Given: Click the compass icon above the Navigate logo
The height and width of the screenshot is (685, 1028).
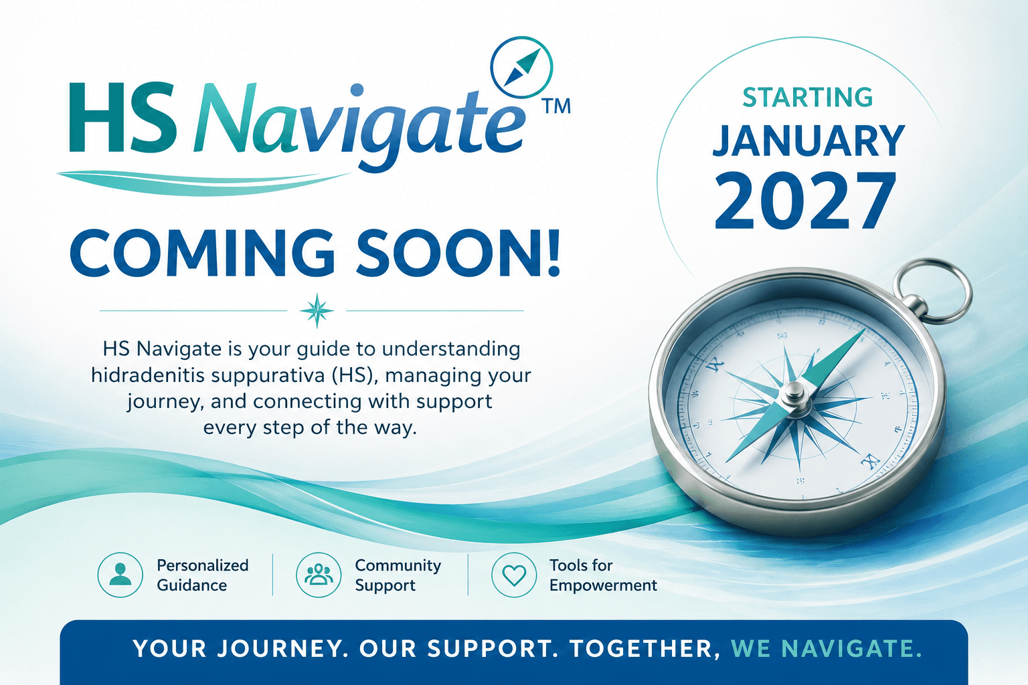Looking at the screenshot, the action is pyautogui.click(x=521, y=68).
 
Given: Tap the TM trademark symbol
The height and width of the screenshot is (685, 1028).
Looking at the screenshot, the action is pyautogui.click(x=556, y=106).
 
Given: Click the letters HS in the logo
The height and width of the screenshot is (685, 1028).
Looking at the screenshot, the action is pyautogui.click(x=123, y=118).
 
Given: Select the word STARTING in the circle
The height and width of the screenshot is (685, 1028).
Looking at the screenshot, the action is pyautogui.click(x=808, y=97).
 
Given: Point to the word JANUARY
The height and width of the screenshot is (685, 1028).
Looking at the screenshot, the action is pyautogui.click(x=808, y=141).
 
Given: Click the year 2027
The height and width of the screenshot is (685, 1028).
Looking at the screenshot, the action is pyautogui.click(x=805, y=201).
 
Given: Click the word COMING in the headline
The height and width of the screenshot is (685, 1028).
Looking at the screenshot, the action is pyautogui.click(x=202, y=254).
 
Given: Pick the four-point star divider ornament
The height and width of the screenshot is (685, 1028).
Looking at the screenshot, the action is pyautogui.click(x=317, y=310).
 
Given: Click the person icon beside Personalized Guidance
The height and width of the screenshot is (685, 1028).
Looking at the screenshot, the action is pyautogui.click(x=120, y=575).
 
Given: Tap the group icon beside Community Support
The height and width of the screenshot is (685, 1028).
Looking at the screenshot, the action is pyautogui.click(x=319, y=575).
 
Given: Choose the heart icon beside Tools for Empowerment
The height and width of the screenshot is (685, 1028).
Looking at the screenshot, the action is pyautogui.click(x=514, y=575).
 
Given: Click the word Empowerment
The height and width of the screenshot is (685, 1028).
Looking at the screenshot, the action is pyautogui.click(x=603, y=586).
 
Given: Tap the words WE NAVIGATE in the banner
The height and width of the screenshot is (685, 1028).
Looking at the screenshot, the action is pyautogui.click(x=826, y=649).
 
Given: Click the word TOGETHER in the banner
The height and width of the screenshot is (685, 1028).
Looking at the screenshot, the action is pyautogui.click(x=645, y=650).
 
